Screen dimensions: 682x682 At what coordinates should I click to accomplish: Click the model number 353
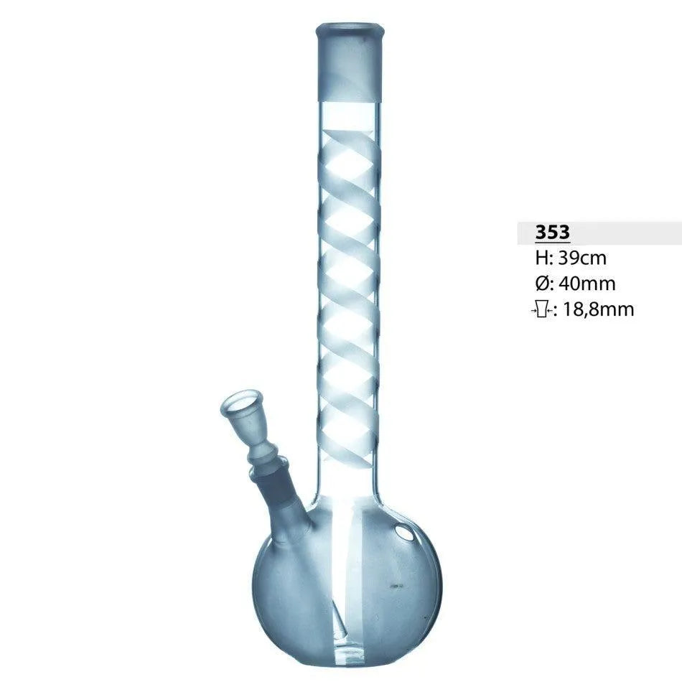pos(552,232)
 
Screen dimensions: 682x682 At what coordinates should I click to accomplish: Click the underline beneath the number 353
pos(552,243)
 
